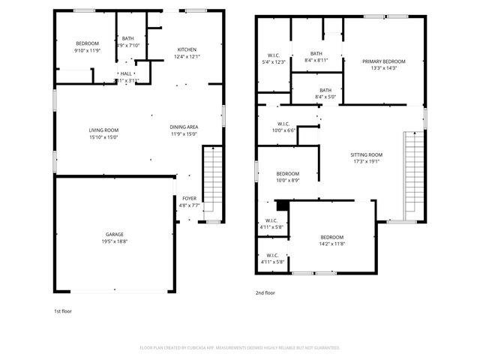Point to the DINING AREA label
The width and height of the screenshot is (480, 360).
(x=184, y=127)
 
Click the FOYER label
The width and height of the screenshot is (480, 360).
(x=189, y=198)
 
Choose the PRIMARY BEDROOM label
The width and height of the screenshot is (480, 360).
(x=384, y=61)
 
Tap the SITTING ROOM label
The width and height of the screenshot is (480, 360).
(x=366, y=154)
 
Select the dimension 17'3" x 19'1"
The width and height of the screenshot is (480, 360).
(x=366, y=160)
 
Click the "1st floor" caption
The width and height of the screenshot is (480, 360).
(x=62, y=310)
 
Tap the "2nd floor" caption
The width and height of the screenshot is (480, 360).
(x=265, y=293)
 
